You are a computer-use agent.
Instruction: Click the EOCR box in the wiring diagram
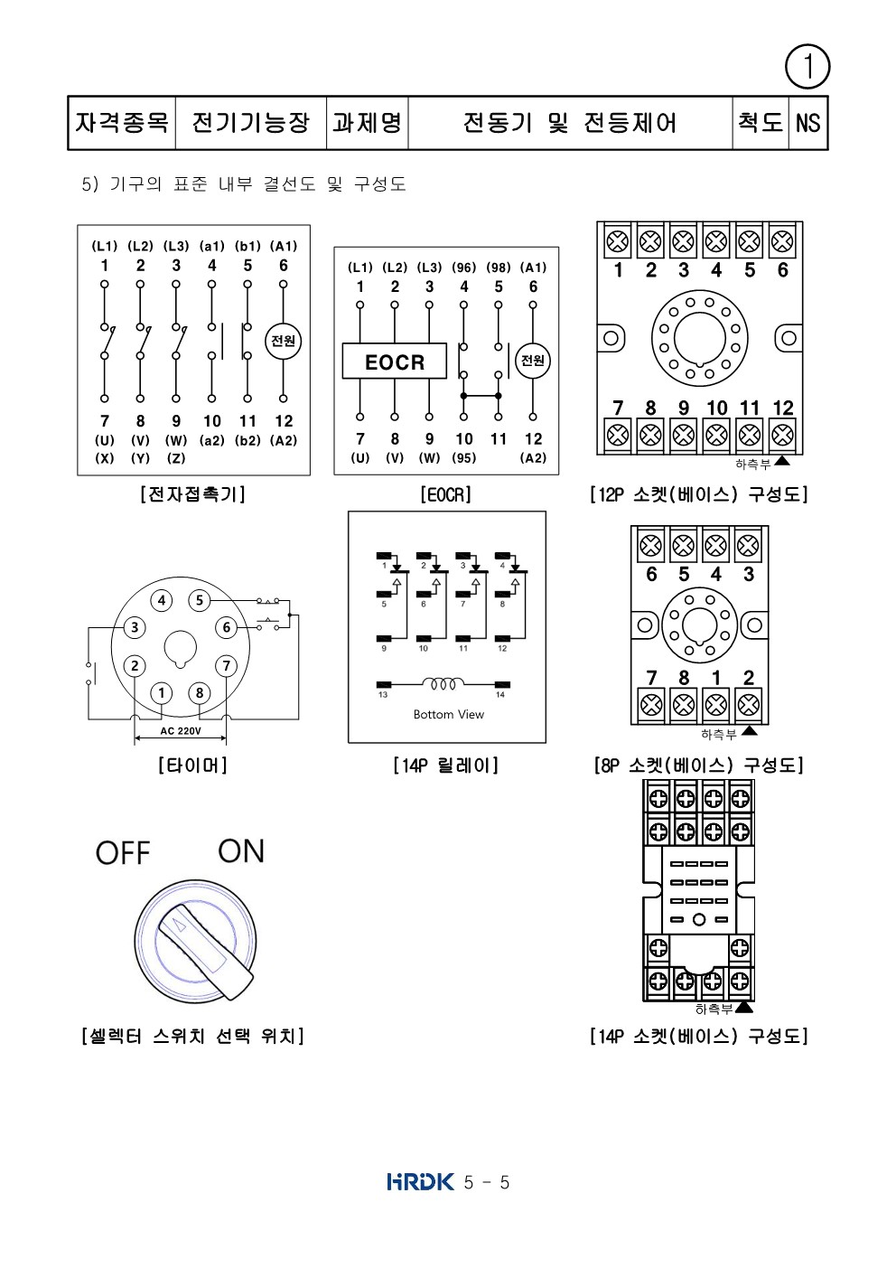click(394, 362)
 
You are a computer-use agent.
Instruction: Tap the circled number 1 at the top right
click(807, 67)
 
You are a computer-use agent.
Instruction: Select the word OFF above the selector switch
click(123, 853)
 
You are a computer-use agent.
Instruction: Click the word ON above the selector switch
click(241, 851)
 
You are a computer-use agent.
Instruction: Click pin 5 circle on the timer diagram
click(199, 600)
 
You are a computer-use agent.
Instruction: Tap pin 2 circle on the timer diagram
click(134, 666)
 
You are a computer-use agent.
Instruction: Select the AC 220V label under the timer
click(181, 731)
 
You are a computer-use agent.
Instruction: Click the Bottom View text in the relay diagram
click(448, 715)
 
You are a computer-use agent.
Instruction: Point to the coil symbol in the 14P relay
click(443, 682)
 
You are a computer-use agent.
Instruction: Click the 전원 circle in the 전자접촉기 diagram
click(284, 341)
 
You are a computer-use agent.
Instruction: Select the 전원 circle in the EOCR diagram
click(533, 360)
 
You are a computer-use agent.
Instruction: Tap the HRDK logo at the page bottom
click(420, 1182)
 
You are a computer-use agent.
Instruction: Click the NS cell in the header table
click(808, 122)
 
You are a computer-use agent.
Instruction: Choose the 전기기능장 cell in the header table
click(250, 122)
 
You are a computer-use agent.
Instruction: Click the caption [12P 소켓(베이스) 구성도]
click(698, 494)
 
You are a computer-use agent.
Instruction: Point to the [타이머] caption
click(192, 765)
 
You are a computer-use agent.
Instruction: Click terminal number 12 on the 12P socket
click(783, 409)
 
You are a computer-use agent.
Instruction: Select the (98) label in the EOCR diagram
click(499, 268)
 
